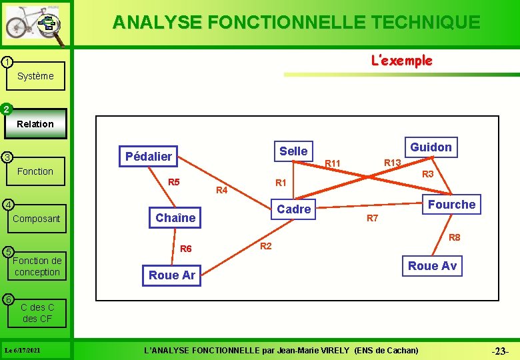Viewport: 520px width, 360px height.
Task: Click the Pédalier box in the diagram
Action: click(149, 157)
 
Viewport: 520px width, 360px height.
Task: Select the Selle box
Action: click(293, 151)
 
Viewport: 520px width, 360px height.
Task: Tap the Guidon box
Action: click(431, 147)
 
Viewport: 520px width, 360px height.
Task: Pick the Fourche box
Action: click(451, 205)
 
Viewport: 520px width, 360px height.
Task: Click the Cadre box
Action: click(294, 209)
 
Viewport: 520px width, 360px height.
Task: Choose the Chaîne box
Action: click(175, 218)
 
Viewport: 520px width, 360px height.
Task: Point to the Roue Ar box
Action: click(172, 275)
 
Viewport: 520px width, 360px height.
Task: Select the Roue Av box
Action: click(432, 266)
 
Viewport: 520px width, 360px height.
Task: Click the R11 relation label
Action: click(332, 164)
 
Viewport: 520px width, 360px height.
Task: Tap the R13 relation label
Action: click(392, 163)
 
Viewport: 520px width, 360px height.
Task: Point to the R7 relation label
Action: click(373, 219)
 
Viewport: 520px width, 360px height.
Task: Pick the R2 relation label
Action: click(265, 247)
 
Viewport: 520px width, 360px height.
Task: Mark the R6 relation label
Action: click(186, 249)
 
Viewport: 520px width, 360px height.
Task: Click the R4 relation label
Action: click(222, 191)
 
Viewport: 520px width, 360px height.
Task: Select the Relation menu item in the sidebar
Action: click(35, 124)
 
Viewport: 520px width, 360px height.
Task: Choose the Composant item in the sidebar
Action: click(36, 219)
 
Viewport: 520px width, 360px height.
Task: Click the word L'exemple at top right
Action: click(401, 61)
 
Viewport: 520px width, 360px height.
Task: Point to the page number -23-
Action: click(499, 351)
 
